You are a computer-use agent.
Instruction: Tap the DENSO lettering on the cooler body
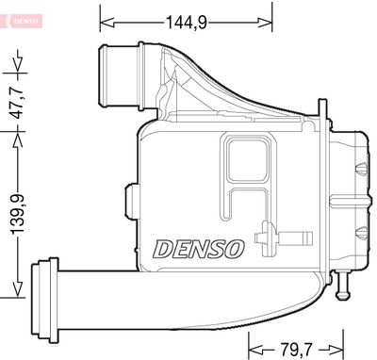199,249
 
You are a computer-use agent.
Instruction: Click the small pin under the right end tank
344,280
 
